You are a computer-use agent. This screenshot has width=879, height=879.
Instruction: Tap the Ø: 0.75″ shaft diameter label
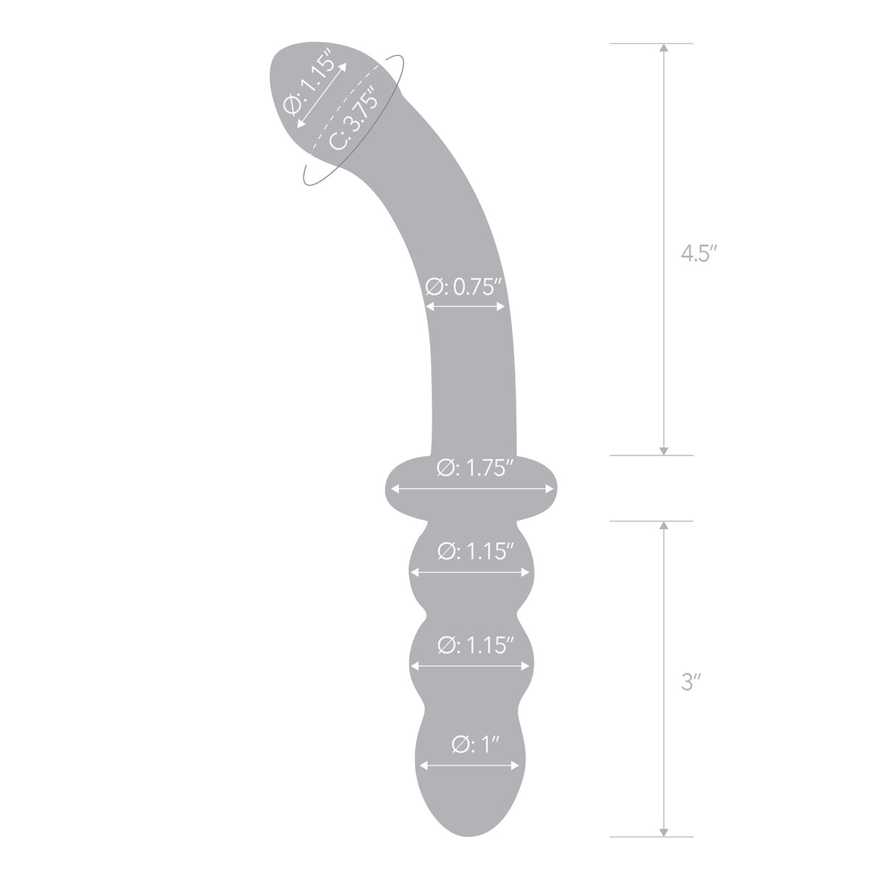click(463, 288)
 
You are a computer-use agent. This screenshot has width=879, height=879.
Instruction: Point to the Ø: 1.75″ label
click(475, 469)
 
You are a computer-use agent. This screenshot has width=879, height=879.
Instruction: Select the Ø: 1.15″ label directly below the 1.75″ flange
click(476, 552)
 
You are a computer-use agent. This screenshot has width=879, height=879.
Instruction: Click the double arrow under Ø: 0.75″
click(465, 307)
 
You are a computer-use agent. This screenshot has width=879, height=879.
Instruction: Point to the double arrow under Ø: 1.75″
click(472, 490)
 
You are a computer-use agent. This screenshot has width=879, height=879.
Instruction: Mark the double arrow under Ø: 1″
click(470, 765)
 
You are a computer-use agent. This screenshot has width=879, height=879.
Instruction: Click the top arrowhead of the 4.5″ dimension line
click(663, 48)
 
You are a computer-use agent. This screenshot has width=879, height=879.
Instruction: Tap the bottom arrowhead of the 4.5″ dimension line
click(663, 450)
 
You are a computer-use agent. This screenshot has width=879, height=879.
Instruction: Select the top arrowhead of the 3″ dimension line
click(663, 526)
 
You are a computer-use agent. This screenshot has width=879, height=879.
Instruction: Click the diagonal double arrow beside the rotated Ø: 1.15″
click(321, 95)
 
